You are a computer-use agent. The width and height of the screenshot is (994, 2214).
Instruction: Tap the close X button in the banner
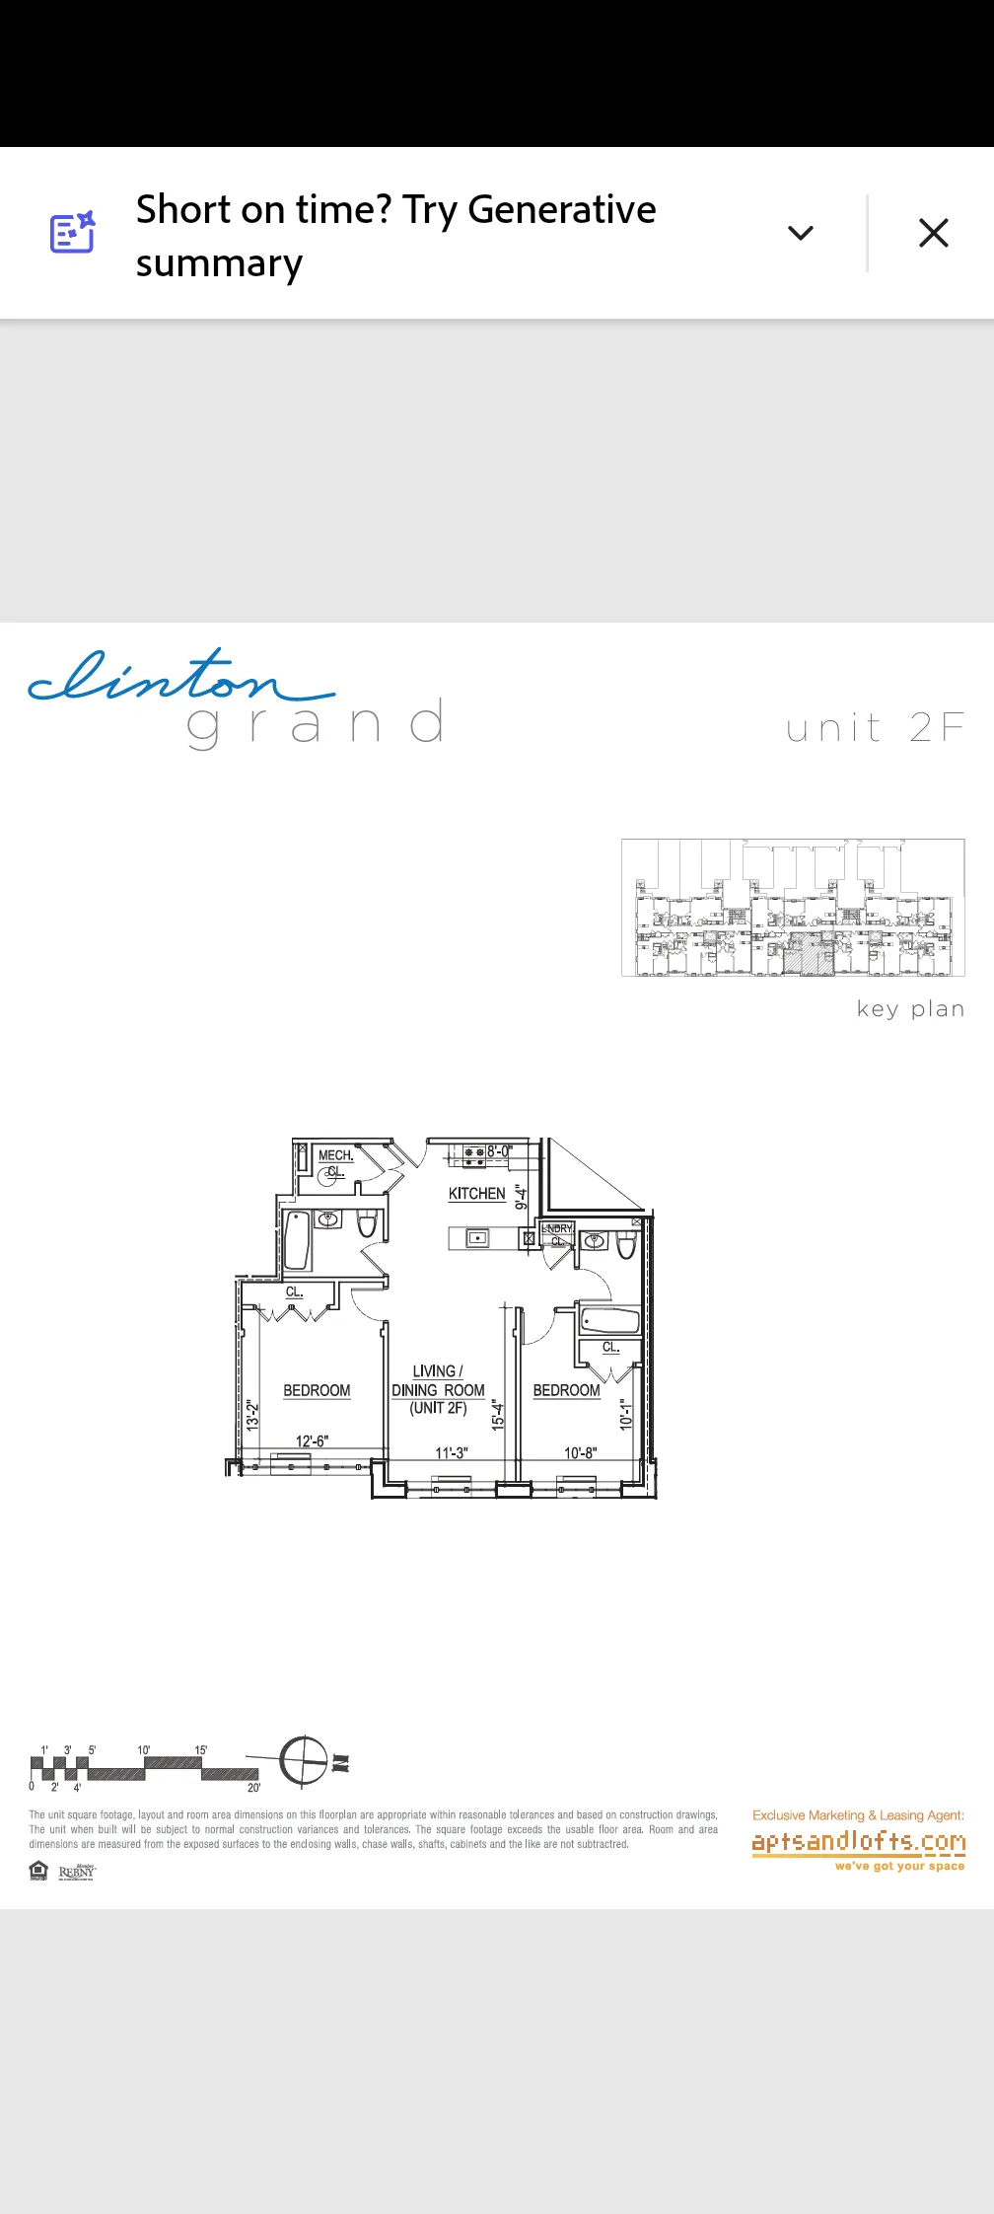[x=933, y=233]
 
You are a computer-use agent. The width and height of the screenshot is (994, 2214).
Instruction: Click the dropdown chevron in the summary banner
[x=801, y=233]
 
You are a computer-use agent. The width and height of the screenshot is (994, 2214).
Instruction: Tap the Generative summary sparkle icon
[x=73, y=233]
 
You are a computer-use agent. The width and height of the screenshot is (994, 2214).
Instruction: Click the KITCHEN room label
[x=476, y=1194]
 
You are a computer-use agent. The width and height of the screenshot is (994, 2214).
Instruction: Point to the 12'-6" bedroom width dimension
[x=312, y=1441]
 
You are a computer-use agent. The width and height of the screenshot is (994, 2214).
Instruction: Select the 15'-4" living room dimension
[x=498, y=1415]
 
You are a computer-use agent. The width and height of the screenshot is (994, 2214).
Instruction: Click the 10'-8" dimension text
[x=580, y=1452]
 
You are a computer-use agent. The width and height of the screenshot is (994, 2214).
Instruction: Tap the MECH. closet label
[x=335, y=1155]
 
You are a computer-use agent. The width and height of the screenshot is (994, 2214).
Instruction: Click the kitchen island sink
[x=477, y=1237]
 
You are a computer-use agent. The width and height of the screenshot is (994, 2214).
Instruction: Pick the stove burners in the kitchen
[x=474, y=1155]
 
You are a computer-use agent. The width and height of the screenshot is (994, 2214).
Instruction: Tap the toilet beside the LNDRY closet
[x=626, y=1245]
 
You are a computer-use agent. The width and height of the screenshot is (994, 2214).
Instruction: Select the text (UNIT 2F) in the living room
[x=438, y=1408]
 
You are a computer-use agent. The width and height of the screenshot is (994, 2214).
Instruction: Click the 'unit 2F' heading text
[x=875, y=728]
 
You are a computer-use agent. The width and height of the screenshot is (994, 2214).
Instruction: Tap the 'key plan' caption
[x=910, y=1008]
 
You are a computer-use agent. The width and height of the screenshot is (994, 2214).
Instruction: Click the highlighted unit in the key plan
[x=809, y=958]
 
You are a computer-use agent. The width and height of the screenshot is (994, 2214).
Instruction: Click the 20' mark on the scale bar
[x=253, y=1787]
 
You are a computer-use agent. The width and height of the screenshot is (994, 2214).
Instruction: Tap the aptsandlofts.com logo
[x=858, y=1842]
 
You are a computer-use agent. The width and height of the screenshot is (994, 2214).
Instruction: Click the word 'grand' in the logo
[x=316, y=723]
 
